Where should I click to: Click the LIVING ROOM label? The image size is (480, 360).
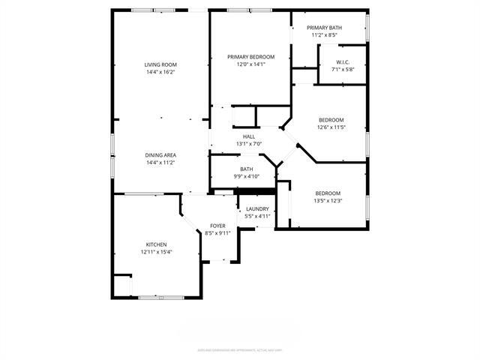(x=160, y=65)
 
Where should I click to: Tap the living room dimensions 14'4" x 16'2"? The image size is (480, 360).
(x=160, y=73)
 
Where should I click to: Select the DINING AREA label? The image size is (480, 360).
(x=160, y=155)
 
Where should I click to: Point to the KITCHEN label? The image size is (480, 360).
(x=156, y=244)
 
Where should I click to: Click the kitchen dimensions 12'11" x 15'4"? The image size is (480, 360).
(x=156, y=252)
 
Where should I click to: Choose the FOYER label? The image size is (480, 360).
(x=217, y=226)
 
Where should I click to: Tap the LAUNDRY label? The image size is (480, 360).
(x=257, y=208)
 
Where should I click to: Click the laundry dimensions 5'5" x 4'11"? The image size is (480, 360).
(x=257, y=216)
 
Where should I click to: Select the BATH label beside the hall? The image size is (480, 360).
(x=247, y=169)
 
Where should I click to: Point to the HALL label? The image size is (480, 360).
(x=249, y=136)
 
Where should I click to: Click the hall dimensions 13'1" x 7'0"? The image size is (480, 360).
(x=249, y=144)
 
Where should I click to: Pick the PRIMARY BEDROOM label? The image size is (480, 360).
(x=251, y=57)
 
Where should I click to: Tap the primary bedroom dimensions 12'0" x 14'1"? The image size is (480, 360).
(x=251, y=64)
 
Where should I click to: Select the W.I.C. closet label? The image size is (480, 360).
(x=343, y=62)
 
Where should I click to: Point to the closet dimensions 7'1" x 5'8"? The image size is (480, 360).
(x=343, y=70)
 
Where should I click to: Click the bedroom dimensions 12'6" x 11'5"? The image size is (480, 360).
(x=331, y=127)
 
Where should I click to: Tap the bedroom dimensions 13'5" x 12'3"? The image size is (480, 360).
(x=327, y=200)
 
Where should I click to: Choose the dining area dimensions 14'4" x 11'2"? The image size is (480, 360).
(x=160, y=163)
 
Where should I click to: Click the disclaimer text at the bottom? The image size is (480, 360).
(x=239, y=349)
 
